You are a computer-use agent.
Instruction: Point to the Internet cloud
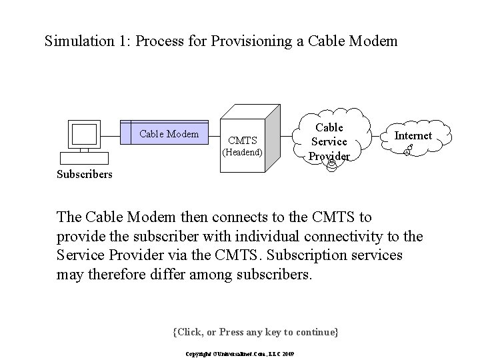click(x=413, y=137)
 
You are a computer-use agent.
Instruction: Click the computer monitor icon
click(x=84, y=135)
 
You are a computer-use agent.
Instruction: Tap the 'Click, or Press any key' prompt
click(x=255, y=331)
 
